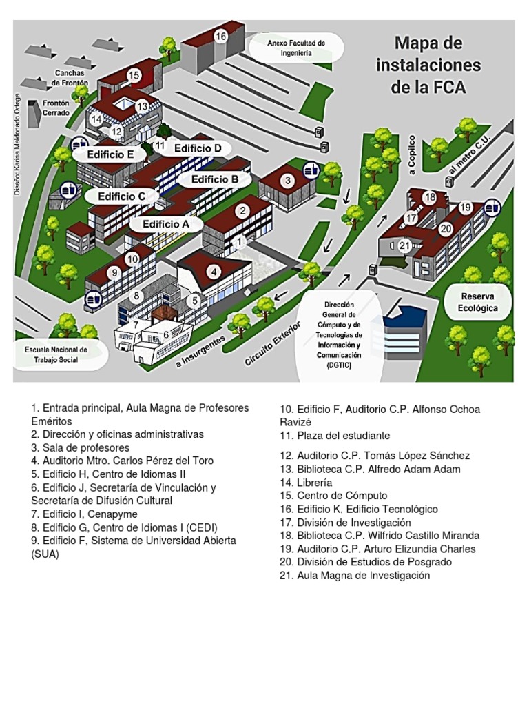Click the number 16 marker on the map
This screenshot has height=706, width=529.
click(220, 37)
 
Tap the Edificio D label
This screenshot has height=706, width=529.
click(198, 148)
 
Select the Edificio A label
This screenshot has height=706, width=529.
click(165, 224)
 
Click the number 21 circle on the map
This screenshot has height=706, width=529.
click(405, 245)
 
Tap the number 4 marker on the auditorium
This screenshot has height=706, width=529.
click(214, 272)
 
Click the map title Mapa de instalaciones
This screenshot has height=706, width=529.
click(428, 65)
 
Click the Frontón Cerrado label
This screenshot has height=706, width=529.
click(56, 108)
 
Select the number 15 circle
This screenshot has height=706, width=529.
click(134, 75)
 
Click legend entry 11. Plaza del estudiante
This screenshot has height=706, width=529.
click(335, 436)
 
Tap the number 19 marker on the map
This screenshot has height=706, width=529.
click(466, 207)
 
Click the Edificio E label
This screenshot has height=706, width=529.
click(110, 155)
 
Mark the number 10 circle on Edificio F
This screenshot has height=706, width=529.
click(132, 259)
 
